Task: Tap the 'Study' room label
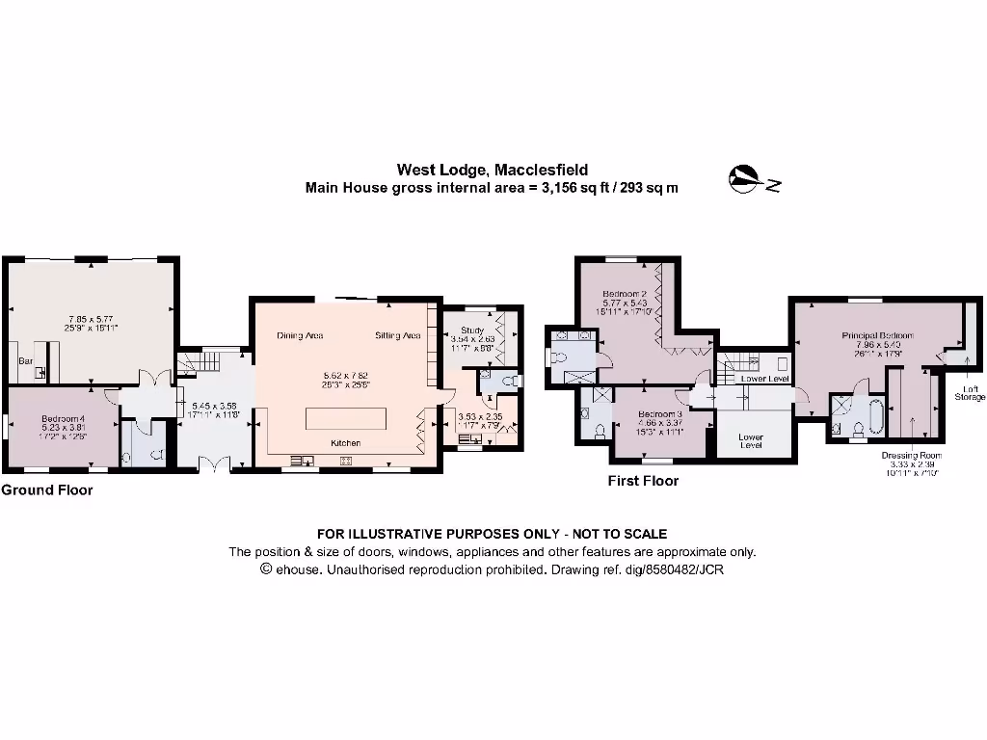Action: (472, 330)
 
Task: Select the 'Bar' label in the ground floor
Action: (25, 361)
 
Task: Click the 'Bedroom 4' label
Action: (65, 418)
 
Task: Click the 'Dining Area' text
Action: (300, 336)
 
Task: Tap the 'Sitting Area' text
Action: (398, 336)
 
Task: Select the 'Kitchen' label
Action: (346, 442)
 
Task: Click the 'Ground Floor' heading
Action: (47, 490)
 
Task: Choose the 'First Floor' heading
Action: (643, 481)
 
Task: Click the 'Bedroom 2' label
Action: (624, 293)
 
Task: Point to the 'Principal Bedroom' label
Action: (876, 335)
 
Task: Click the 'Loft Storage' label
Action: (971, 392)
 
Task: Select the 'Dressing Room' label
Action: (910, 455)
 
